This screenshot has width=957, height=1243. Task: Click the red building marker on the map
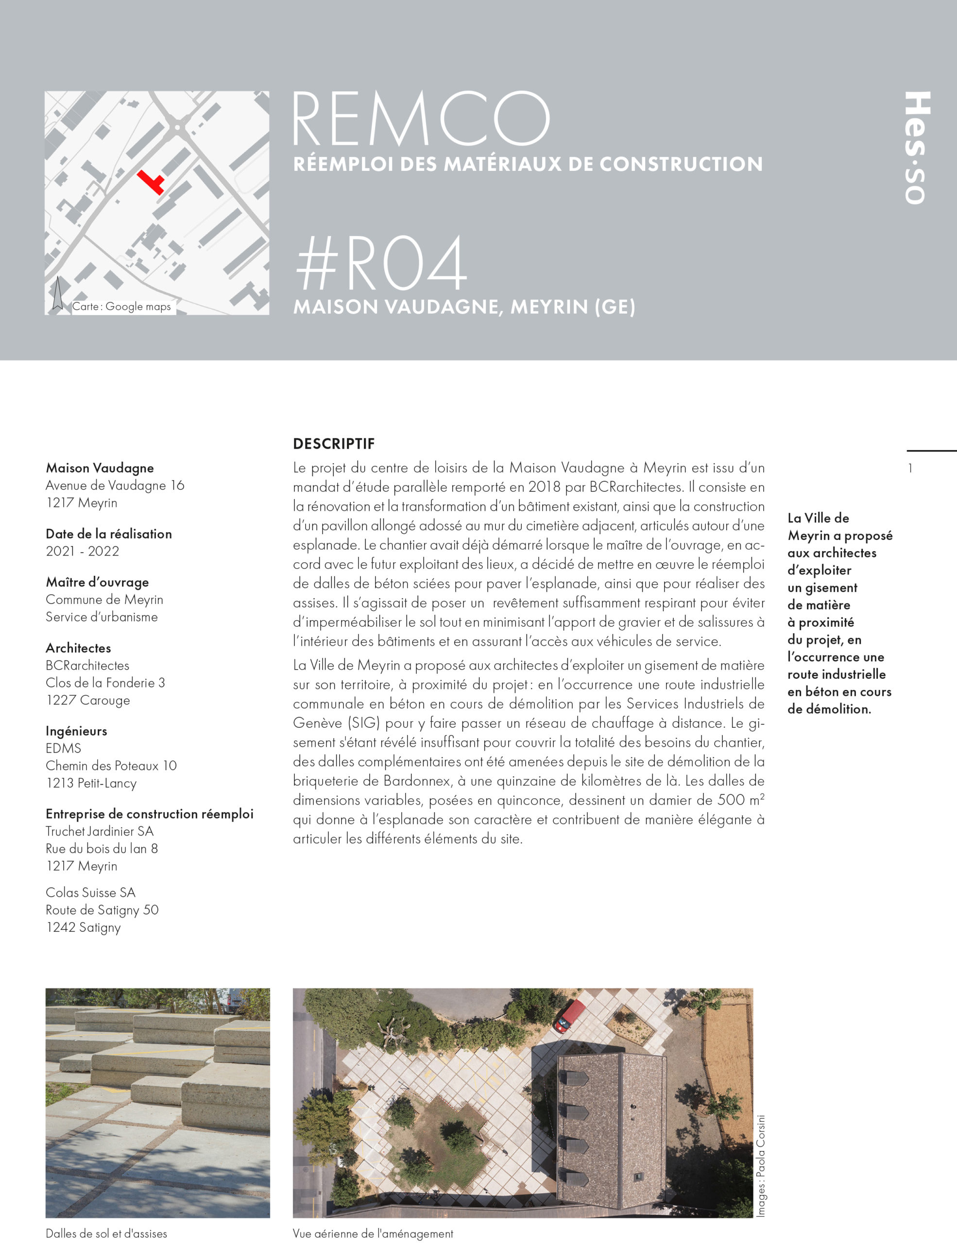coord(151,181)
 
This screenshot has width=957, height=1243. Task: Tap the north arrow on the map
coord(57,293)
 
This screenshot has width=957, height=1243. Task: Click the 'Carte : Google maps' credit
coord(121,307)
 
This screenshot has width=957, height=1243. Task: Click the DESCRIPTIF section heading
coord(334,444)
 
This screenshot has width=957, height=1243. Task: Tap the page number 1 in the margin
coord(910,469)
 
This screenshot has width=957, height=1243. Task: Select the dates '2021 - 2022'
coord(83,551)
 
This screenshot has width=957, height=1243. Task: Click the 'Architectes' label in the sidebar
coord(79,648)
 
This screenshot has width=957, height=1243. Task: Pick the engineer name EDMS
coord(63,748)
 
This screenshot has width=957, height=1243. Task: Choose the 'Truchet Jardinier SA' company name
coord(100,831)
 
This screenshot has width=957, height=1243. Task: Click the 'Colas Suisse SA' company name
coord(90,892)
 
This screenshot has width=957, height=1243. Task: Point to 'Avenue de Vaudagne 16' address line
coord(115,486)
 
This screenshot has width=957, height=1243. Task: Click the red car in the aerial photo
coord(570,1016)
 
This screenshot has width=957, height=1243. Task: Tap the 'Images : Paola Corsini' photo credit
coord(761,1167)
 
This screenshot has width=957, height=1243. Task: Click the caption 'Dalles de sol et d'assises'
coord(106,1233)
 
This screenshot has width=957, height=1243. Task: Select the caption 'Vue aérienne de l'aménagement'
coord(373,1233)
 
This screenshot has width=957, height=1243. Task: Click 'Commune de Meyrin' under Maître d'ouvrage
coord(104,599)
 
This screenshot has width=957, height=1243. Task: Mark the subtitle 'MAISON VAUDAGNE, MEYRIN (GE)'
coord(464,307)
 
